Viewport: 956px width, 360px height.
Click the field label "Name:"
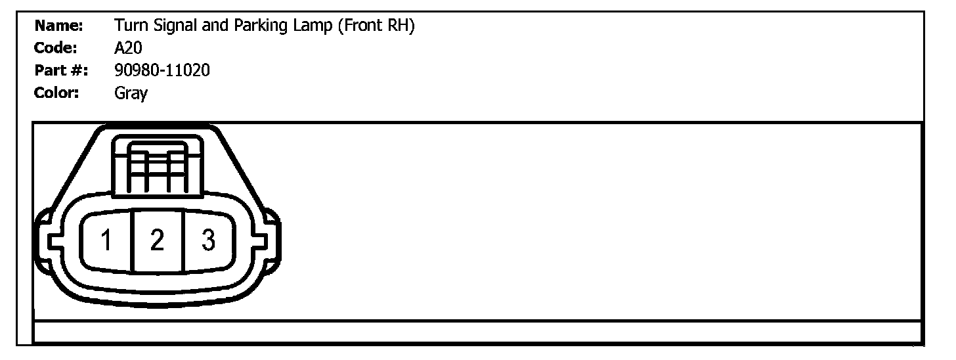58,26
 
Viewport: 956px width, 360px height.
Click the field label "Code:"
56,48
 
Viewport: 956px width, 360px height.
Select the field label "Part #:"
62,70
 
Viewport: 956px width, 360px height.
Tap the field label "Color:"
56,93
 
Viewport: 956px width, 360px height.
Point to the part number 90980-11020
162,70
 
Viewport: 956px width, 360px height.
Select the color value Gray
131,93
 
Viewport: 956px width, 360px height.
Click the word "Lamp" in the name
312,27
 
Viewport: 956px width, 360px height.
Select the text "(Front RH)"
376,27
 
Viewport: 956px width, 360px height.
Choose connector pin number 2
156,241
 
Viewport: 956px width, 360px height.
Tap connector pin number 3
207,241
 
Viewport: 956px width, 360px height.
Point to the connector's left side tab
42,241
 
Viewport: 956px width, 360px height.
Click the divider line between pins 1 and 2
132,241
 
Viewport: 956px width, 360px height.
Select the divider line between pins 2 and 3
182,241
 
